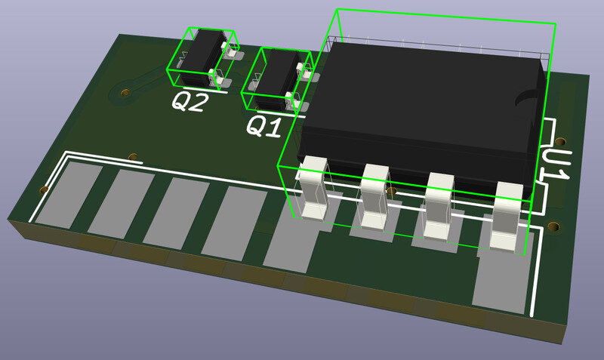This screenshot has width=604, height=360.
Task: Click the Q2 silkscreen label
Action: (190, 102)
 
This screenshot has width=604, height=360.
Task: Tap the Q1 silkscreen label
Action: (263, 127)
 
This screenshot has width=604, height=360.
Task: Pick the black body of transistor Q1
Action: (276, 79)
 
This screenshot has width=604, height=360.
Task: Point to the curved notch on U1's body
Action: (530, 97)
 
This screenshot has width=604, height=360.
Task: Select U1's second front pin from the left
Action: (374, 197)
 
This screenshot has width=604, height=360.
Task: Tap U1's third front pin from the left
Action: (439, 205)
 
